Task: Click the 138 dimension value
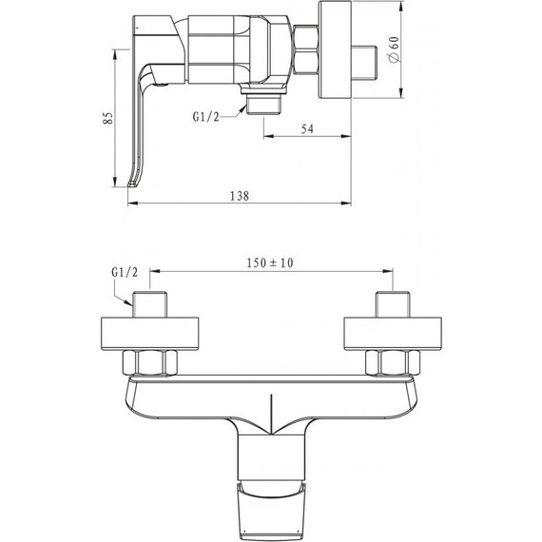pos(239,196)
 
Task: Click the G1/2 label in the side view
pos(206,119)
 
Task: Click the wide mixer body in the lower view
pos(272,399)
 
